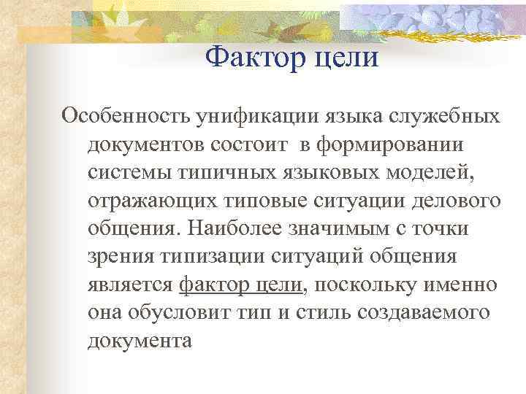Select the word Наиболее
(x=242, y=228)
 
